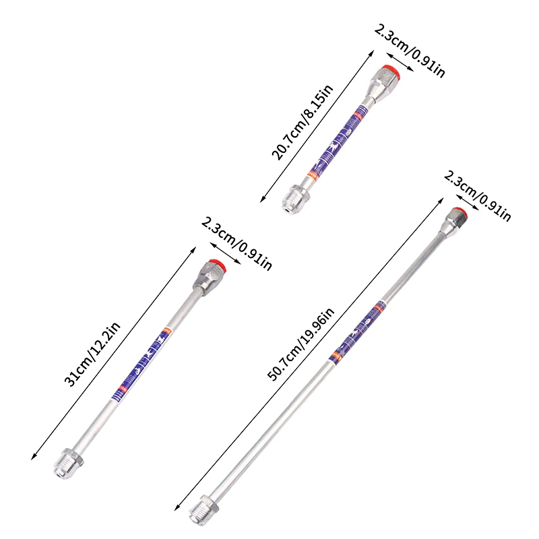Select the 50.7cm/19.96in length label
[x=300, y=345]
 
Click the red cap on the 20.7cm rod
[x=388, y=71]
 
